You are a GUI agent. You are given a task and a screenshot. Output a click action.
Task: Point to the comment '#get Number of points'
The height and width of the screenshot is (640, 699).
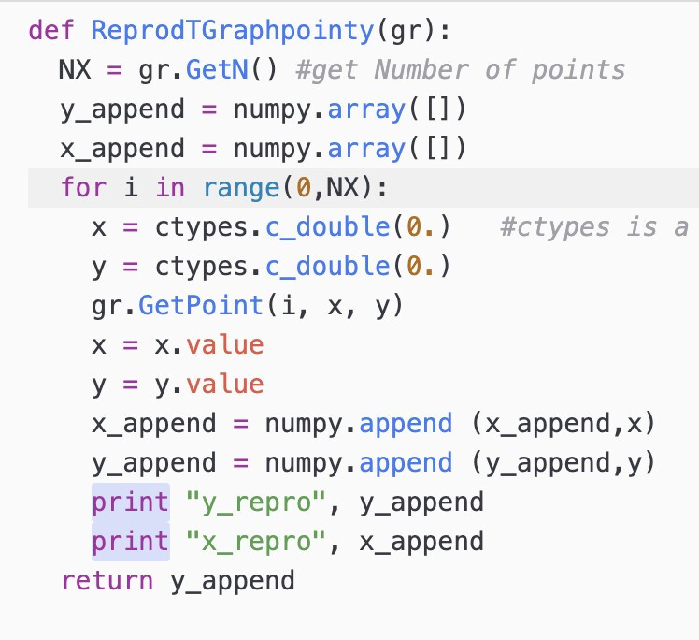click(459, 70)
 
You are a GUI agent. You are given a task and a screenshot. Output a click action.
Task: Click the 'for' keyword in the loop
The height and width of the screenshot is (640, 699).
click(83, 188)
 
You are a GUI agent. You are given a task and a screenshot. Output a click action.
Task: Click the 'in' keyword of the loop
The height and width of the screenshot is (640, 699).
click(170, 188)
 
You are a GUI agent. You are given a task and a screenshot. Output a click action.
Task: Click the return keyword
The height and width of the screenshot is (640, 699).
click(107, 581)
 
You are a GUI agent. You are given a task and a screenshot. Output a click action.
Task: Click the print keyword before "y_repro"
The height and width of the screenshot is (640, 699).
click(131, 502)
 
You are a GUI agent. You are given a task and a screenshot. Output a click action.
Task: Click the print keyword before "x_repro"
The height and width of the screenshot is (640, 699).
click(131, 542)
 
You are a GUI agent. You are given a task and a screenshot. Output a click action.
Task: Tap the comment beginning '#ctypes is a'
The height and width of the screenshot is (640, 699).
click(594, 227)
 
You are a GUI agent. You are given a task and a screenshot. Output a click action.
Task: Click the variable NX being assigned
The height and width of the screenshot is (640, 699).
click(75, 70)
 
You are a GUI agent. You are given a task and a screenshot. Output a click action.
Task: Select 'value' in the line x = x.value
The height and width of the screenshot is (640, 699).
click(224, 345)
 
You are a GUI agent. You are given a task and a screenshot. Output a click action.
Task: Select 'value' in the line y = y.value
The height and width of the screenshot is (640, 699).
click(224, 385)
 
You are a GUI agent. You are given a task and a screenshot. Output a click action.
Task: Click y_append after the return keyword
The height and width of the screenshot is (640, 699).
click(233, 581)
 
